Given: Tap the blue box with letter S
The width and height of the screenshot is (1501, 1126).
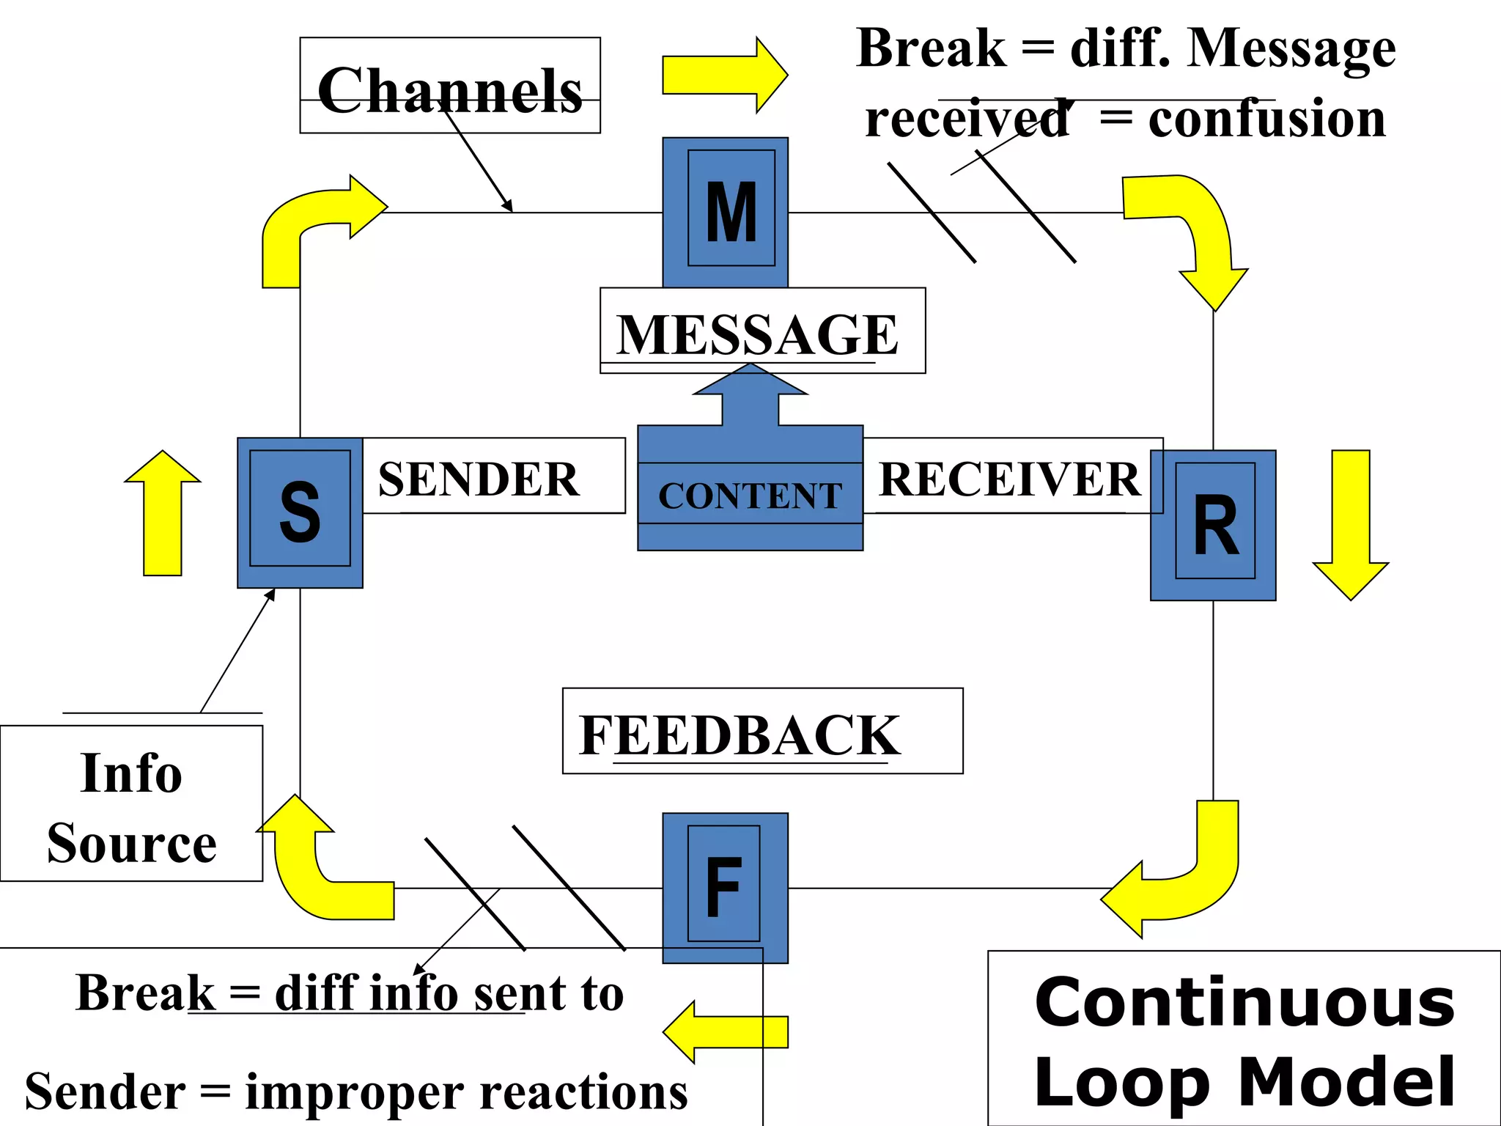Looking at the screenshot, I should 300,512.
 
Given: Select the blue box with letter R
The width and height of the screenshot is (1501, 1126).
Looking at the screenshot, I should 1213,525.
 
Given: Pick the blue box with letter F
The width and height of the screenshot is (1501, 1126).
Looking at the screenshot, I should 725,887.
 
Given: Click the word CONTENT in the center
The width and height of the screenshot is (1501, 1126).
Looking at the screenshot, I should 750,496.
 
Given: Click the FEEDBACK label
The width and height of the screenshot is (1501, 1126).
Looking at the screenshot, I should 739,735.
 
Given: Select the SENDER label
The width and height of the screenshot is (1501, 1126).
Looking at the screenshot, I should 479,479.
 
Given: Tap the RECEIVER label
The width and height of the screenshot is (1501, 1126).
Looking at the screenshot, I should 1009,479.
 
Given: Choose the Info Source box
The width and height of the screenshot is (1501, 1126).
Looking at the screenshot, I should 131,806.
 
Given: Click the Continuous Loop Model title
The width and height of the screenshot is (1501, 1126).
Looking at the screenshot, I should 1244,1041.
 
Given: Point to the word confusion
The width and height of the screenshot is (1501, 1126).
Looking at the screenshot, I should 1266,119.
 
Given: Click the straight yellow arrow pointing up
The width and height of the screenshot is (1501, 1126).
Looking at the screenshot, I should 163,513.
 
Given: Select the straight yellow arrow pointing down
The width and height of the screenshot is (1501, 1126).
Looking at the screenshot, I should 1350,524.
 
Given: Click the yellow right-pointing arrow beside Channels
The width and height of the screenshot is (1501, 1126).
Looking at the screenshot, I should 723,75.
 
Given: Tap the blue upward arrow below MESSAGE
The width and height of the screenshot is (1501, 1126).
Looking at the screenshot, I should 750,400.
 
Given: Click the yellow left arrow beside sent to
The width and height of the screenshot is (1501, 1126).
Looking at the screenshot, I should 726,1031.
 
